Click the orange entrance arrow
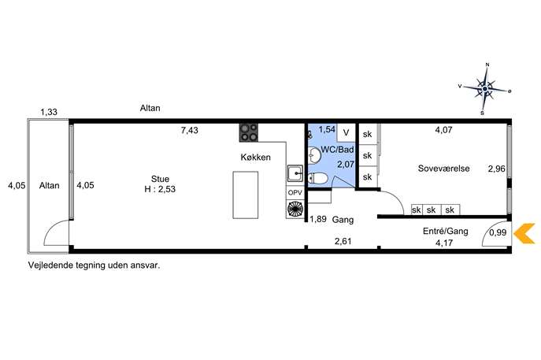524,233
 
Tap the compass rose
485,89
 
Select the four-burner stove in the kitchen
249,132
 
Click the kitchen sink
295,173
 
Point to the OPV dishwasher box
295,192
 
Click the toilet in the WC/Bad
317,178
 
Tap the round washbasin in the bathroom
313,155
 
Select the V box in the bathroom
346,132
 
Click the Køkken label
256,158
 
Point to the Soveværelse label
443,169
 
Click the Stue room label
160,179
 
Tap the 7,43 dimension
190,131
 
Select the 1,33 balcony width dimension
49,112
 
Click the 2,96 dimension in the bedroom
496,169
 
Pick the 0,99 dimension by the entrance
498,232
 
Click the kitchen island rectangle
246,195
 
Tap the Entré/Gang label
446,231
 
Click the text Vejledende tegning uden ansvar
94,265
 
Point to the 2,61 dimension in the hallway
343,241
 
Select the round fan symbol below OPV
295,209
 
